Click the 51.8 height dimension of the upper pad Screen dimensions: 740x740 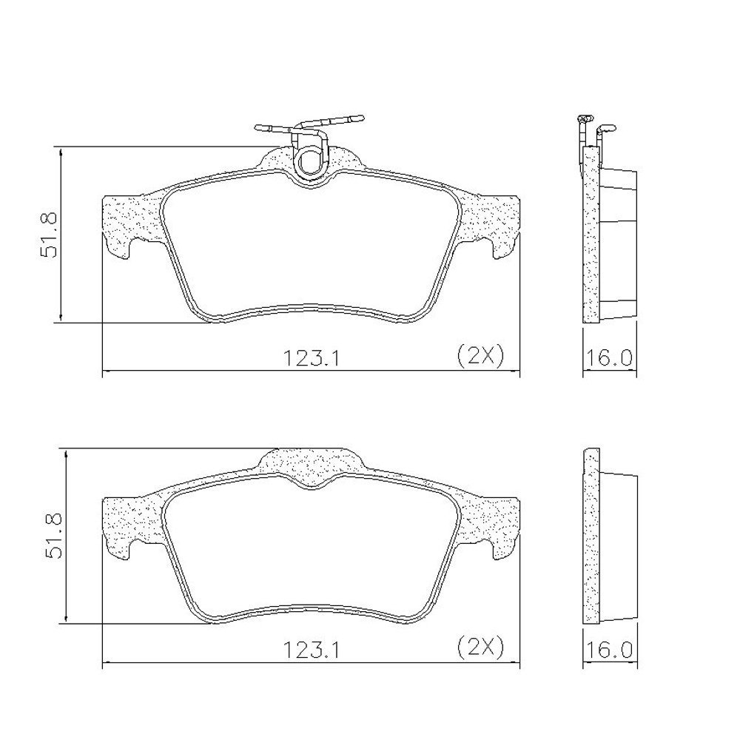(49, 235)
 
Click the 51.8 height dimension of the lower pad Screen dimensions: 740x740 (53, 536)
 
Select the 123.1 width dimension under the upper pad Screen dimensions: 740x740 (311, 359)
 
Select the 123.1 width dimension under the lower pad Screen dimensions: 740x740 (311, 651)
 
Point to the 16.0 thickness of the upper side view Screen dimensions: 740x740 (609, 359)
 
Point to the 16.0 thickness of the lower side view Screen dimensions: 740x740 (609, 651)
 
